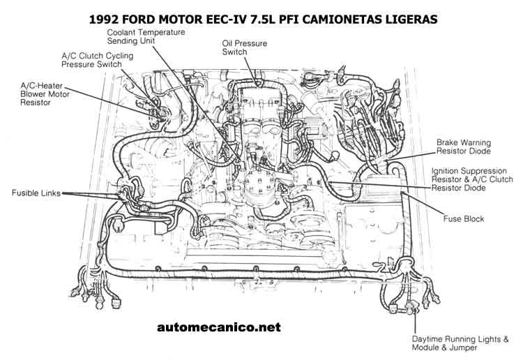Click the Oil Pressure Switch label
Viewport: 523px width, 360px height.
pos(245,47)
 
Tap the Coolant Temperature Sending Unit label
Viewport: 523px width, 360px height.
pos(146,36)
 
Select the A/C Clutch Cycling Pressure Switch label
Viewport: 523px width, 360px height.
pos(97,60)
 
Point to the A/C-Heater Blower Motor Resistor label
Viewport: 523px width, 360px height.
pos(45,94)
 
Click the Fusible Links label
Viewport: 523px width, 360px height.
pos(36,193)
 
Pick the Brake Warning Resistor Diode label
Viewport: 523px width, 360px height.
pos(464,147)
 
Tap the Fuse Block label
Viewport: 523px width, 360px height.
pos(464,219)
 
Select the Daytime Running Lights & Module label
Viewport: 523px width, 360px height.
pos(460,343)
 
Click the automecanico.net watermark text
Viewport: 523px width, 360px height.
pos(219,327)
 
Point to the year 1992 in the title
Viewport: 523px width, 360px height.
pos(104,19)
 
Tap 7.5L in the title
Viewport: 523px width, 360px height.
pos(262,19)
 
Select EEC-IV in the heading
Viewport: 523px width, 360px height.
pos(226,19)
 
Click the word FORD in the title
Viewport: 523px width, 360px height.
pos(139,19)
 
